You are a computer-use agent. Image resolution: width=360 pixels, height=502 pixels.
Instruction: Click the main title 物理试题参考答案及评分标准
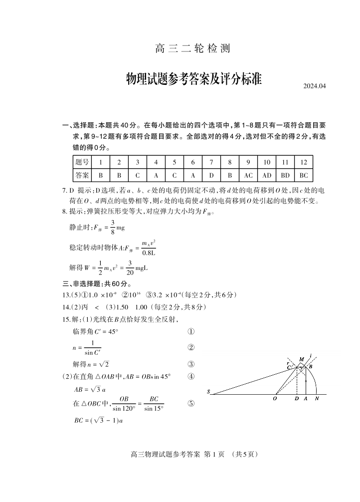(x=194, y=79)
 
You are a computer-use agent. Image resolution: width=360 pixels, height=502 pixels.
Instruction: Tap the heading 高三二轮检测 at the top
(x=193, y=49)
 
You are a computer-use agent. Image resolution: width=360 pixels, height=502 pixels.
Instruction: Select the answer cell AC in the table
(x=248, y=175)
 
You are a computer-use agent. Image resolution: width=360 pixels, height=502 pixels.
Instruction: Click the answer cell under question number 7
(x=211, y=175)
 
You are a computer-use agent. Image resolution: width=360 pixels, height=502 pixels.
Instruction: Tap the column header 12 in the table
(x=303, y=162)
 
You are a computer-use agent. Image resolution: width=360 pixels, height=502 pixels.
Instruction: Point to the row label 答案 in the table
(x=82, y=175)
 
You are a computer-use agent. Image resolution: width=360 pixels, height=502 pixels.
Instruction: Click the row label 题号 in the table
(x=82, y=162)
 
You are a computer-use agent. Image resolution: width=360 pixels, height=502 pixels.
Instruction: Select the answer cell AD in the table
(x=267, y=175)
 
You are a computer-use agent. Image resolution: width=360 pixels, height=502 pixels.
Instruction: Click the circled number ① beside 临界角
(x=190, y=332)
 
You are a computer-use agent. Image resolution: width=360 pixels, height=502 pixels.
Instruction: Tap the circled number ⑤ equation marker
(x=190, y=404)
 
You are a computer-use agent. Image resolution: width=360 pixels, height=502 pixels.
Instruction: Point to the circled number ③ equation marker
(x=190, y=364)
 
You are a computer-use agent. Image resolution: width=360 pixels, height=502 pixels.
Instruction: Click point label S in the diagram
(x=208, y=392)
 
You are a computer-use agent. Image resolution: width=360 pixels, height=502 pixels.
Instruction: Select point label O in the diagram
(x=275, y=399)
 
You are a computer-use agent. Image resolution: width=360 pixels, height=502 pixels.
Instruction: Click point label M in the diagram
(x=301, y=360)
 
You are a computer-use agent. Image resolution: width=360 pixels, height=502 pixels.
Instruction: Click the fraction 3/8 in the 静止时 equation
(x=113, y=227)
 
